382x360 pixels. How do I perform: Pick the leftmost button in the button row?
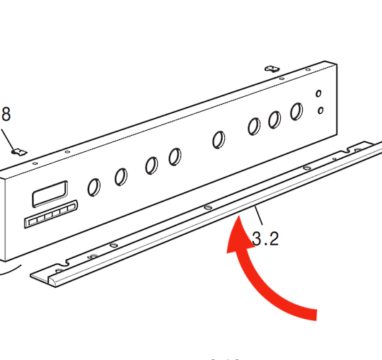point(31,222)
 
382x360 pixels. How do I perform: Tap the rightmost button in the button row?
point(70,208)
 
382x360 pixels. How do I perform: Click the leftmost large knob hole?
point(93,187)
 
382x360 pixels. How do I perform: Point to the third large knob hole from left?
point(151,166)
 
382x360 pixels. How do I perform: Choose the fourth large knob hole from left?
point(174,156)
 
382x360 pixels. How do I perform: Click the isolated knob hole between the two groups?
point(219,139)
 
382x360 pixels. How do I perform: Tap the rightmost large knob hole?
point(296,111)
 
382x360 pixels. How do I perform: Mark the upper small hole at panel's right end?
point(320,93)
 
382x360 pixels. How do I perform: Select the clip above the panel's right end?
point(270,69)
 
